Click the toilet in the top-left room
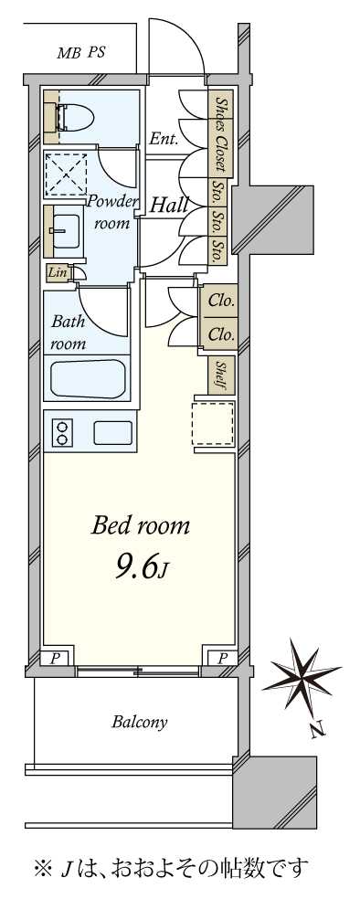pyautogui.click(x=76, y=117)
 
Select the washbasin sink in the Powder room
pyautogui.click(x=65, y=230)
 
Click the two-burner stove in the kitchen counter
pyautogui.click(x=61, y=432)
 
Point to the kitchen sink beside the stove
pyautogui.click(x=113, y=432)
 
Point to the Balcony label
pyautogui.click(x=139, y=722)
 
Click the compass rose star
pyautogui.click(x=302, y=675)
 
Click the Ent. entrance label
pyautogui.click(x=164, y=138)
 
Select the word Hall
pyautogui.click(x=169, y=205)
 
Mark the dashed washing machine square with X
pyautogui.click(x=66, y=174)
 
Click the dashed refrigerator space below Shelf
pyautogui.click(x=213, y=424)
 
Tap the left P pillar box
pyautogui.click(x=55, y=658)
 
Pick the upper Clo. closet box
pyautogui.click(x=221, y=301)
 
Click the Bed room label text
pyautogui.click(x=141, y=525)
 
